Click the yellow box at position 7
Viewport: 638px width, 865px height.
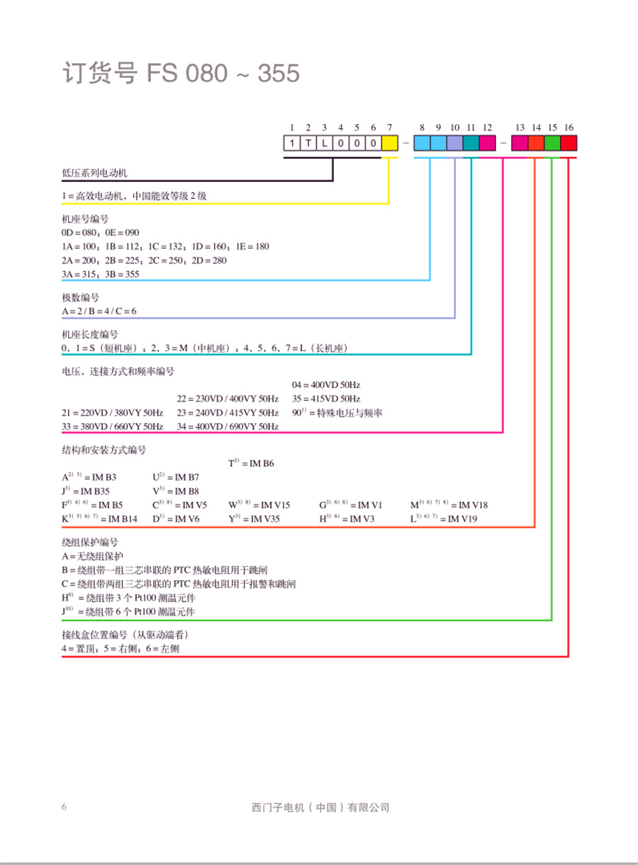pyautogui.click(x=389, y=142)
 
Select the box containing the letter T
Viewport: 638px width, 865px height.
pyautogui.click(x=308, y=142)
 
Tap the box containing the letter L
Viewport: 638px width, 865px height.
pyautogui.click(x=325, y=142)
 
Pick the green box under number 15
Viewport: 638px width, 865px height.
pyautogui.click(x=552, y=142)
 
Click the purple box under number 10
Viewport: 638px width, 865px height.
pyautogui.click(x=454, y=142)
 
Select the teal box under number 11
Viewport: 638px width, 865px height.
pyautogui.click(x=471, y=142)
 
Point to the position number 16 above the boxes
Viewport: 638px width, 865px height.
pyautogui.click(x=569, y=128)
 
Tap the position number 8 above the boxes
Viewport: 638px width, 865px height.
pyautogui.click(x=422, y=128)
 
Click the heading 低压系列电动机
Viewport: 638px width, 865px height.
pyautogui.click(x=95, y=172)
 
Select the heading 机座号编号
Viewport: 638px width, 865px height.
pyautogui.click(x=86, y=219)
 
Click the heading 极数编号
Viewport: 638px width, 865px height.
pyautogui.click(x=81, y=297)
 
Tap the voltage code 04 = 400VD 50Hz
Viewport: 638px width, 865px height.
pyautogui.click(x=326, y=385)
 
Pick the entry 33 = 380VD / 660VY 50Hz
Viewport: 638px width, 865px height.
pyautogui.click(x=113, y=426)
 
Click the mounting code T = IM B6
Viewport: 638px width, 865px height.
pyautogui.click(x=251, y=463)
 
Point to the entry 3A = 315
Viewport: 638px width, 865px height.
pyautogui.click(x=79, y=273)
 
